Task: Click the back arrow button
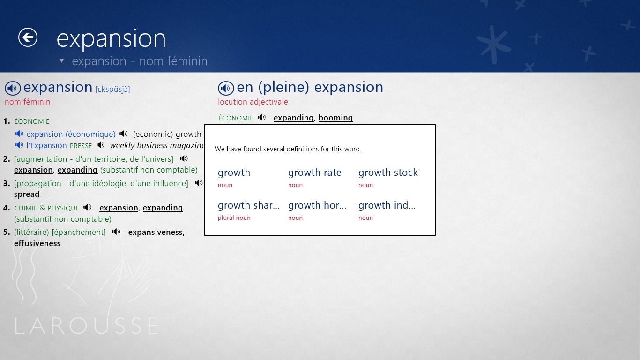(x=28, y=37)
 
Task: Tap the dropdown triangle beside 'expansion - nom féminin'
(x=61, y=60)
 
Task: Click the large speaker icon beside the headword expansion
(x=13, y=88)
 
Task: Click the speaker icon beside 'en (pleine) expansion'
(x=226, y=88)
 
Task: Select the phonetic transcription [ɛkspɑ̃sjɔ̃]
(x=112, y=89)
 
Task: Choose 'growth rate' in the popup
(x=314, y=172)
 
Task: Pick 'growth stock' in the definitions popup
(x=388, y=172)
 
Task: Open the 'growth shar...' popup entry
(x=249, y=205)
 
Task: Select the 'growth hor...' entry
(x=317, y=205)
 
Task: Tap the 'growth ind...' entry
(x=387, y=205)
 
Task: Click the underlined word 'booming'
(x=336, y=118)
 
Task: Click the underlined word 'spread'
(x=27, y=194)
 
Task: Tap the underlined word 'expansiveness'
(x=156, y=232)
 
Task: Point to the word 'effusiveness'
(x=37, y=243)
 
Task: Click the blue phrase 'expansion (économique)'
(x=71, y=134)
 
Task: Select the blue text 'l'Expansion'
(x=46, y=145)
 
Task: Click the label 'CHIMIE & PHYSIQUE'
(x=46, y=208)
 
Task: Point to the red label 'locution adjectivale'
(x=253, y=102)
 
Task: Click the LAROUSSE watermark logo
(x=86, y=325)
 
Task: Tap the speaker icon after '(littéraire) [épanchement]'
(x=116, y=232)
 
